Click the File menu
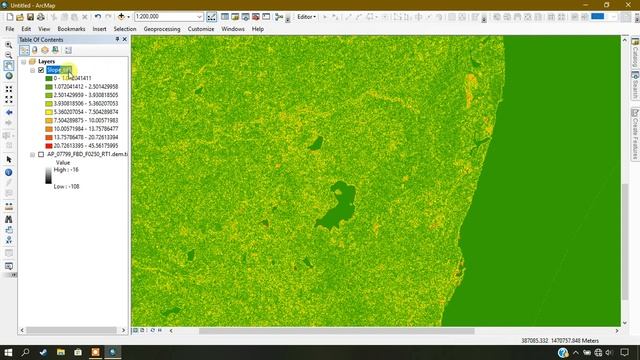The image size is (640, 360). tap(10, 29)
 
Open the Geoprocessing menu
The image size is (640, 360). tap(162, 29)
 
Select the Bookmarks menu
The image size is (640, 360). tap(71, 29)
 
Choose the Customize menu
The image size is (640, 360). tap(201, 29)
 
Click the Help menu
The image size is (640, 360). tap(258, 29)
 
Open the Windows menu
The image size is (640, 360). tap(233, 29)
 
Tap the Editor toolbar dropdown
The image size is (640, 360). tap(308, 17)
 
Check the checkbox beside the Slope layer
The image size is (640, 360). tap(41, 70)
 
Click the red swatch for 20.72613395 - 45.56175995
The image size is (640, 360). tap(48, 145)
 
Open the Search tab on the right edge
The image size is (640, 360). tap(634, 91)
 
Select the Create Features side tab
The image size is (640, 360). tap(634, 134)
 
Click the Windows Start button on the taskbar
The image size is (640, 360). tap(8, 353)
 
